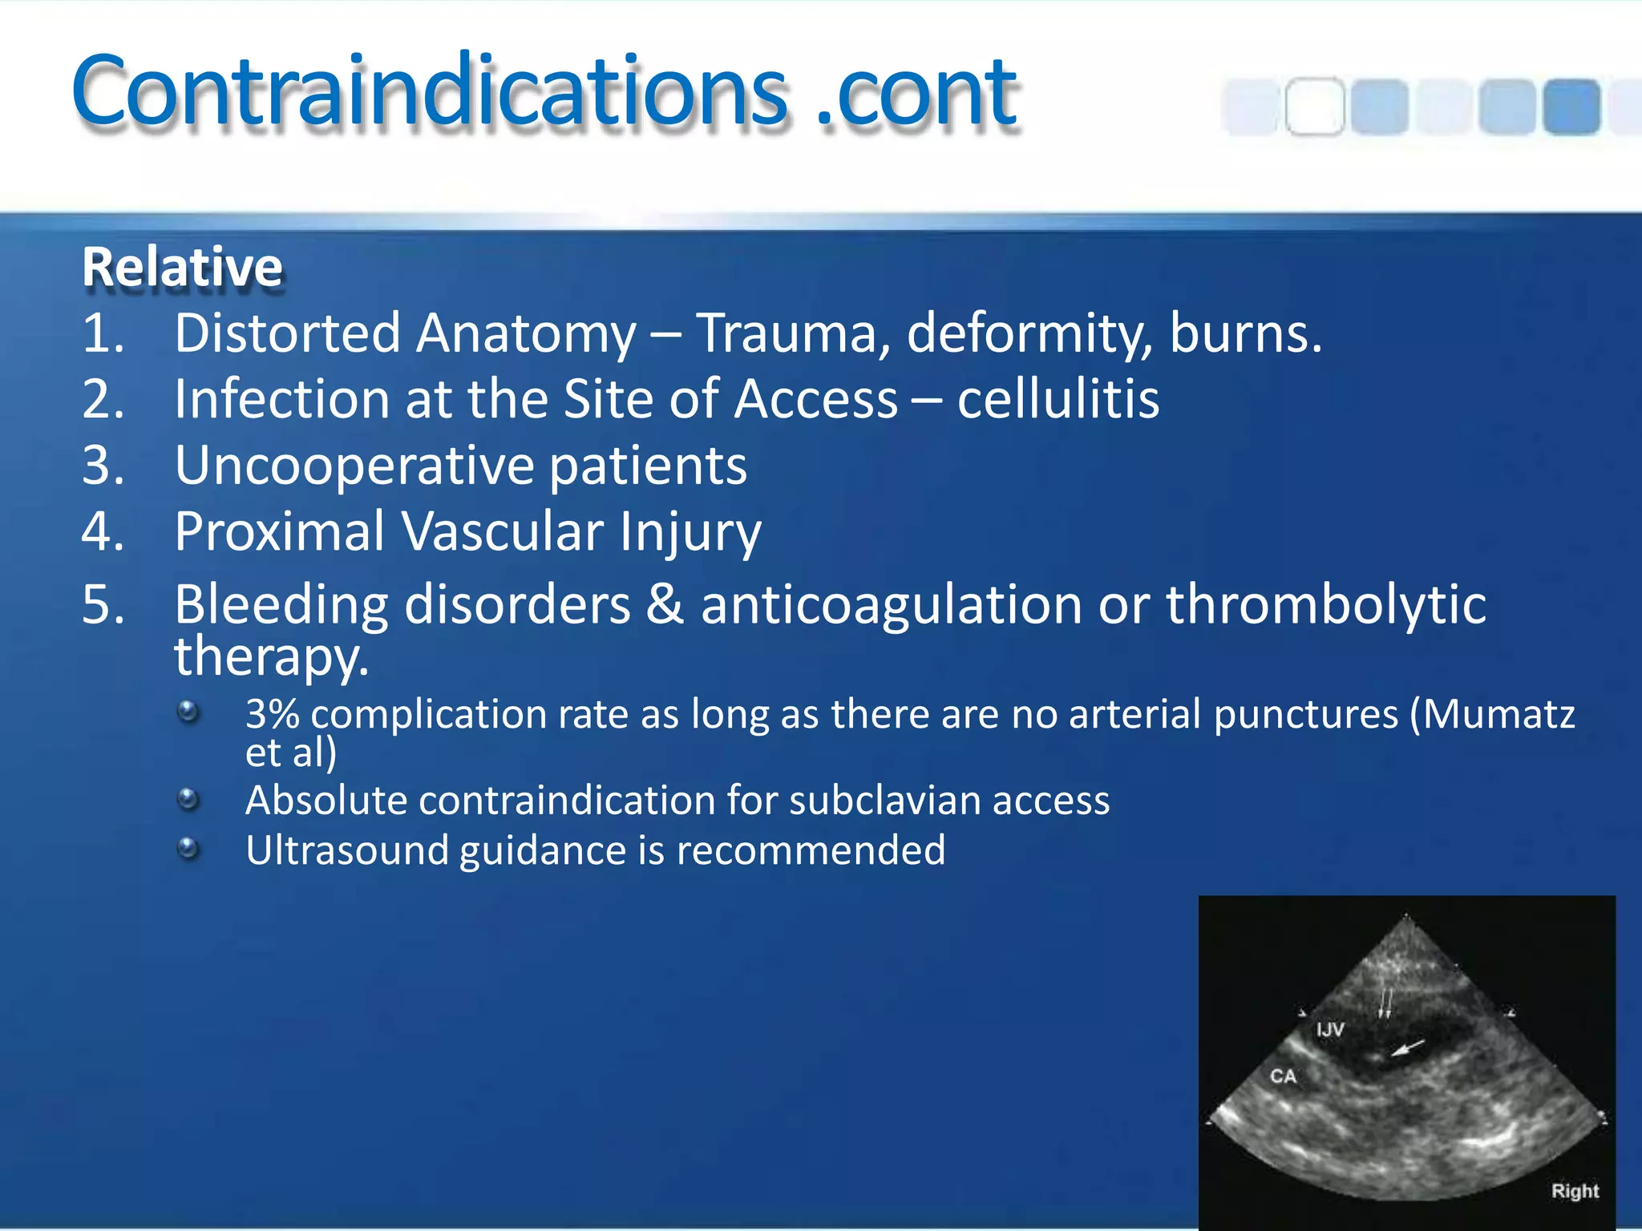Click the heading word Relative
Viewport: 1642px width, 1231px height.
pos(182,267)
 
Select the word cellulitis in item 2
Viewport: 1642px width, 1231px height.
pos(1058,399)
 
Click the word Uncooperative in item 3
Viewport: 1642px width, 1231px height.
pos(354,466)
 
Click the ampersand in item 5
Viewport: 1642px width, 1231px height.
pos(665,604)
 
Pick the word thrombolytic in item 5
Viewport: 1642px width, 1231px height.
pos(1325,604)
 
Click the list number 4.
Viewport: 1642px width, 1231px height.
pos(103,531)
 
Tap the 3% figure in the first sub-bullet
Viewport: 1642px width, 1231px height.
pos(273,714)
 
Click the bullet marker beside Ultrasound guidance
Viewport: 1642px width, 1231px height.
pos(188,848)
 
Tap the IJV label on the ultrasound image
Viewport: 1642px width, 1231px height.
pos(1329,1029)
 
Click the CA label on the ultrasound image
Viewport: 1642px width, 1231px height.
pos(1283,1076)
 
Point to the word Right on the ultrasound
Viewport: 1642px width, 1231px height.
pos(1575,1191)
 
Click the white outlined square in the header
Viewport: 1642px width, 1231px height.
pos(1315,106)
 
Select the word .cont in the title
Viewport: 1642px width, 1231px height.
pos(916,93)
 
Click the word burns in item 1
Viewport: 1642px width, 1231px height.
pos(1244,333)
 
